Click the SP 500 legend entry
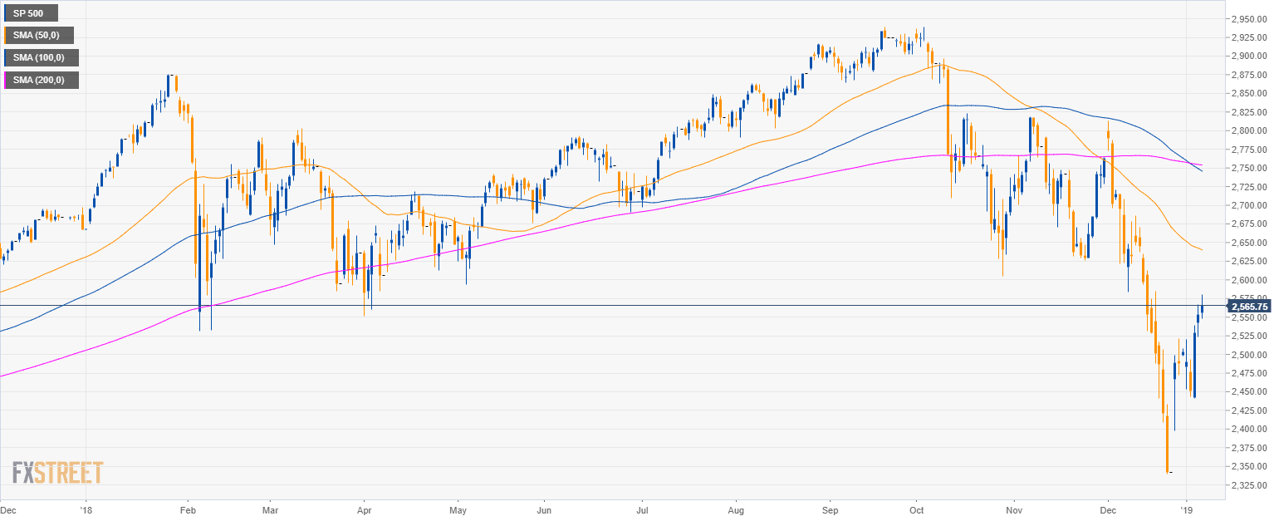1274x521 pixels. click(31, 13)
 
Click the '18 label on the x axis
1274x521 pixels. click(86, 509)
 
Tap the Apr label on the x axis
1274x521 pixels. click(364, 509)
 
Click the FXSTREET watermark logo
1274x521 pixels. click(57, 473)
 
